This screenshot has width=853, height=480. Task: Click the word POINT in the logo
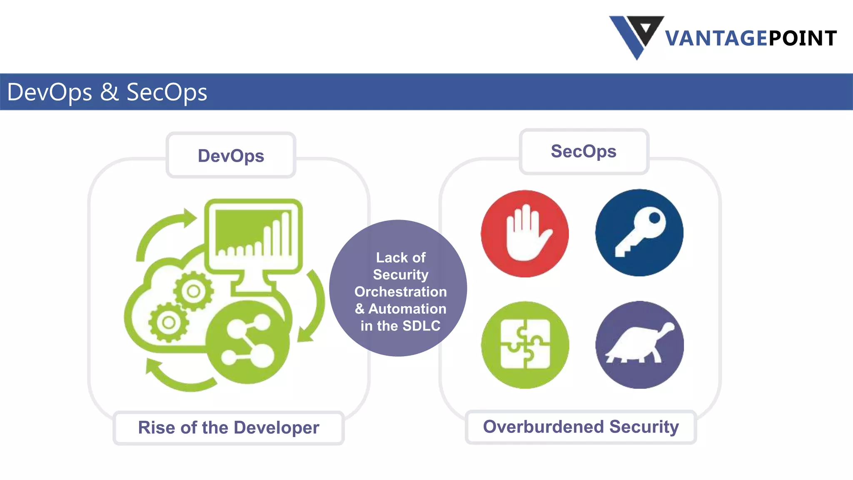pos(802,39)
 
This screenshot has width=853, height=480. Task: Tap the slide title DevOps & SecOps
pos(107,92)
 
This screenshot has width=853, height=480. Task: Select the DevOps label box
pos(231,155)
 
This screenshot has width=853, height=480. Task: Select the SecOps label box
pos(584,151)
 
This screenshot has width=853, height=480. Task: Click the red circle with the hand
pos(525,233)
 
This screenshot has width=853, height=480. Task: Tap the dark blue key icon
pos(639,232)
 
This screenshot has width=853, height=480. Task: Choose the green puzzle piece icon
pos(525,345)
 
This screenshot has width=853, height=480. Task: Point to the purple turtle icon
pos(639,345)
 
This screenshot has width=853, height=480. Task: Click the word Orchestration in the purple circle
pos(400,292)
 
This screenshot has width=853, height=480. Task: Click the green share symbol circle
pos(248,342)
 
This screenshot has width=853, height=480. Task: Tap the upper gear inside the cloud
pos(193,291)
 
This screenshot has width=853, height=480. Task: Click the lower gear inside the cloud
pos(168,322)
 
